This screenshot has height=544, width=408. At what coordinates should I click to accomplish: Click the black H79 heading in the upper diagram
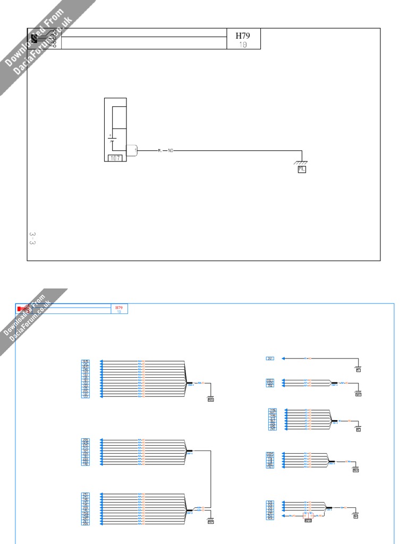point(243,36)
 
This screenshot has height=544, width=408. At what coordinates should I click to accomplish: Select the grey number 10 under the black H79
point(243,45)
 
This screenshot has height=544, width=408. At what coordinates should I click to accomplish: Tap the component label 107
point(115,158)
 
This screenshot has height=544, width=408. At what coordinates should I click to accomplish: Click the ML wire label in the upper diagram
point(160,151)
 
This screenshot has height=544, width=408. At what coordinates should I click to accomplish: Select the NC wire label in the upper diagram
point(171,151)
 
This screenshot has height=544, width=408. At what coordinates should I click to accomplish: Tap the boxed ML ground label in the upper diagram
point(302,169)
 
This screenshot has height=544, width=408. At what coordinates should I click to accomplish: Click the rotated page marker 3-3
point(32,238)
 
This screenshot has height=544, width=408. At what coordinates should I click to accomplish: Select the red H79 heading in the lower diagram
point(119,308)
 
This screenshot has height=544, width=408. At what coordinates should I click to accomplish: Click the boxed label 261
point(270,359)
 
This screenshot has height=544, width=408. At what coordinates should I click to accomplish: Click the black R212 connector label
point(309,521)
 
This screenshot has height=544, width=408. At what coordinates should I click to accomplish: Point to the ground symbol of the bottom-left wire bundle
point(211,520)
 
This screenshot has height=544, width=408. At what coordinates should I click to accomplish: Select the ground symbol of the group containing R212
point(355,514)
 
